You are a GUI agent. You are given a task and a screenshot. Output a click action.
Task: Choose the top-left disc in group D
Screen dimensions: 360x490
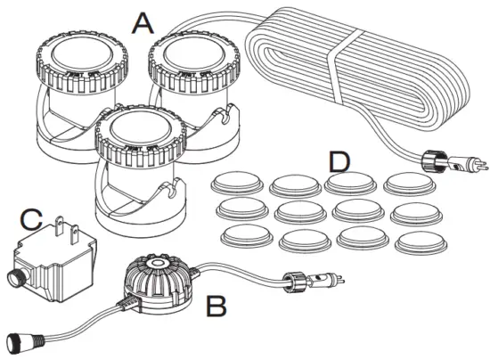pos(237,184)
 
